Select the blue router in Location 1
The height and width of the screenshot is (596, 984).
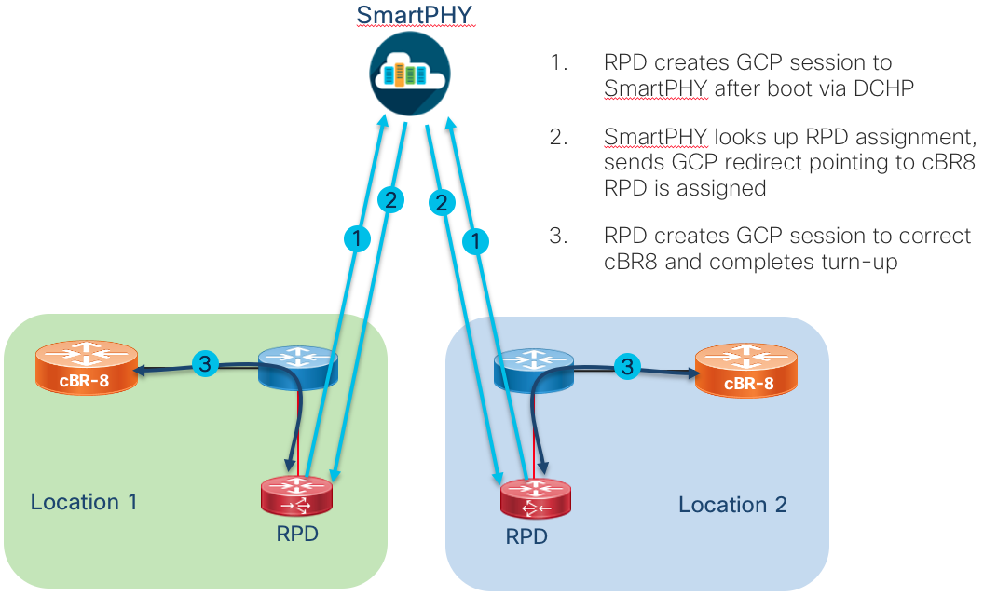[x=297, y=363]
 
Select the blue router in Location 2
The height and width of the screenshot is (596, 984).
[x=533, y=369]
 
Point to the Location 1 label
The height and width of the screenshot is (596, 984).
[x=84, y=502]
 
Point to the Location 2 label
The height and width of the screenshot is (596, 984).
[x=732, y=505]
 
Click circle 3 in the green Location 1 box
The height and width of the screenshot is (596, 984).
[x=206, y=364]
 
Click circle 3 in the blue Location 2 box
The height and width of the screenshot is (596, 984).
[x=627, y=367]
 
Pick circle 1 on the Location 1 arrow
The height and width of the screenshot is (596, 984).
[x=357, y=238]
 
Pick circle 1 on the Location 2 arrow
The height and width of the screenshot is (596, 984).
[x=477, y=241]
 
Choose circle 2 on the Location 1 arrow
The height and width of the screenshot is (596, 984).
[x=390, y=198]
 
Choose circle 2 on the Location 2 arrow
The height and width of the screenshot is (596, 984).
[x=443, y=200]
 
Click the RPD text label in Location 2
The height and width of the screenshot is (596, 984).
[x=526, y=536]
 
